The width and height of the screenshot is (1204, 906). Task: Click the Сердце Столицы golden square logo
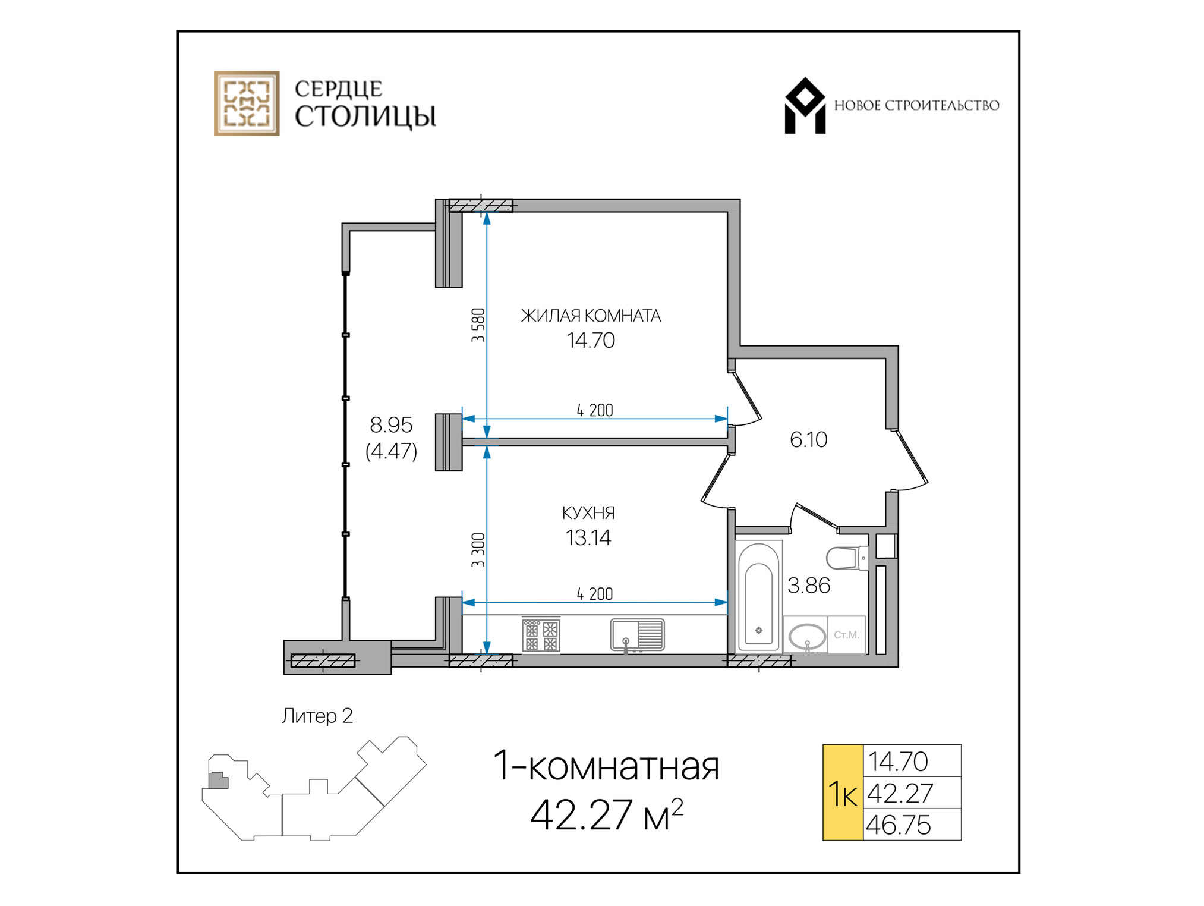[x=247, y=103]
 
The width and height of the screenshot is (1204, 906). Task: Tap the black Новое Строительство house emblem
[x=805, y=106]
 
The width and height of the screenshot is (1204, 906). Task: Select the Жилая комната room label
[x=591, y=316]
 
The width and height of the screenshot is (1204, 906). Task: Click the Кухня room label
[x=588, y=512]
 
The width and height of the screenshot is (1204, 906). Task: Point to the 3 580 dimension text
[x=478, y=325]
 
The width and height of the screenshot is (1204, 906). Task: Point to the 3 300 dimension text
[x=478, y=550]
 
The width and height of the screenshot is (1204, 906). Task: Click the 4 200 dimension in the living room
[x=594, y=410]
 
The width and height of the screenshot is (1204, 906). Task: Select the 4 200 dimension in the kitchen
[x=594, y=594]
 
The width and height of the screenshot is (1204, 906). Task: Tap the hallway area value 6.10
[x=808, y=439]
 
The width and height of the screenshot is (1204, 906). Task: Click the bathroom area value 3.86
[x=808, y=586]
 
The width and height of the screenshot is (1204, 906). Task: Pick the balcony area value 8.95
[x=390, y=425]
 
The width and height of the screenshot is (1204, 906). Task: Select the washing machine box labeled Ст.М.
[x=846, y=635]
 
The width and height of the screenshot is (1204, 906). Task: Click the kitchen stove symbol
[x=541, y=634]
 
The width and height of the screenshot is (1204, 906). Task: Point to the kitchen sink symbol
[x=637, y=635]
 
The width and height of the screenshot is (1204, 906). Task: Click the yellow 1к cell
[x=843, y=792]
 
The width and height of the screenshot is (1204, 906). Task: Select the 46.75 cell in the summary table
[x=912, y=825]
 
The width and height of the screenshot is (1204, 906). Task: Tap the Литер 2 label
[x=317, y=716]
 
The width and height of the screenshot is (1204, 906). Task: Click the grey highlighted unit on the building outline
[x=219, y=781]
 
